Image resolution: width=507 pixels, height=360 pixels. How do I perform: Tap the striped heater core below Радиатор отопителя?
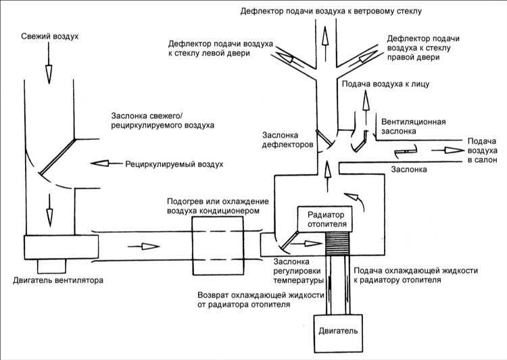[337, 243]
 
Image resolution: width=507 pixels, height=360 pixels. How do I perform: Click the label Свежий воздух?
[50, 36]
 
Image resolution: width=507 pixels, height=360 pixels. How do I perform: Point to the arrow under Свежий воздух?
[49, 63]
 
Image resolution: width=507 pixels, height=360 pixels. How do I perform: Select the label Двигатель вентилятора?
[58, 280]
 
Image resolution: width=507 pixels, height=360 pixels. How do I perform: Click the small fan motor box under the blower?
[51, 266]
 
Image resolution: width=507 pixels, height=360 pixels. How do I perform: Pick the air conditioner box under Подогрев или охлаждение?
[218, 246]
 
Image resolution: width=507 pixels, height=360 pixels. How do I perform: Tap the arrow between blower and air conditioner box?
[143, 247]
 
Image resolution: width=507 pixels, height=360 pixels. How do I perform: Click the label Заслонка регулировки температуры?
[298, 271]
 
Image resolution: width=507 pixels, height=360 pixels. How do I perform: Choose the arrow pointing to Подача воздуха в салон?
[448, 150]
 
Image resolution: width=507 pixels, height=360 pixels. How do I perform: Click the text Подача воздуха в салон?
[483, 151]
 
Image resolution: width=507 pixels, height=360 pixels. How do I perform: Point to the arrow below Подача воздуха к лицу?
[366, 107]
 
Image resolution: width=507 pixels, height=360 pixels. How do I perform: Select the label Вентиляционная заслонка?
[414, 126]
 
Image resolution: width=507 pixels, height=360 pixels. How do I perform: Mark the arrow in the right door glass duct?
[366, 57]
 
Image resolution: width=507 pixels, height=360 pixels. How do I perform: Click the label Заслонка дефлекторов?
[287, 140]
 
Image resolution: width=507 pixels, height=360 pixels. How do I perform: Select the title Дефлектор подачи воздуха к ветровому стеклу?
[331, 11]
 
